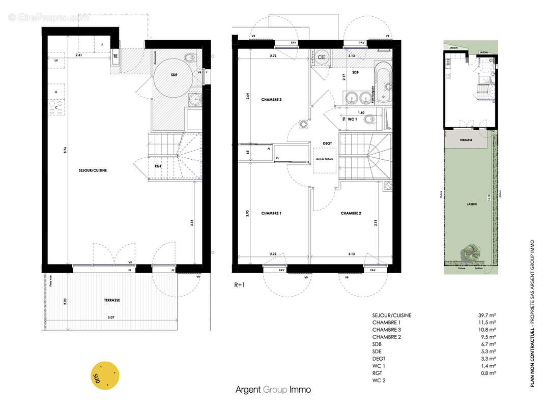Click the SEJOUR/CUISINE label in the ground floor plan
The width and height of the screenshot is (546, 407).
tap(93, 170)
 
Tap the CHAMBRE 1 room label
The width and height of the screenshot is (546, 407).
tap(271, 213)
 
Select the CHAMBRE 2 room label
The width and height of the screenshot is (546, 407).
tap(351, 213)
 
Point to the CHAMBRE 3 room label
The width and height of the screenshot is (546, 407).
tap(271, 100)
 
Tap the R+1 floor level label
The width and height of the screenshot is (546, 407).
tap(240, 285)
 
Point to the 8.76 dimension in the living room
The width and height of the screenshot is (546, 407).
tap(66, 151)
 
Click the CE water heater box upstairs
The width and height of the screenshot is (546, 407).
tap(321, 57)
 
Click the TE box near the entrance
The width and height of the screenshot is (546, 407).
tap(116, 56)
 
